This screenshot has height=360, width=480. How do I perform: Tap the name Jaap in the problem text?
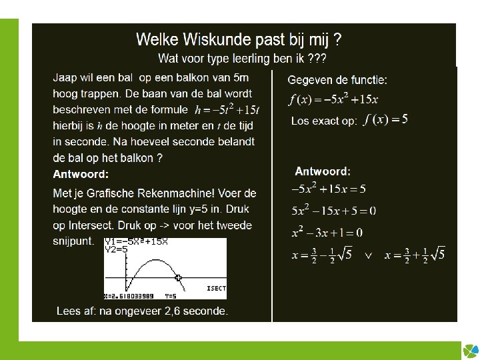point(66,77)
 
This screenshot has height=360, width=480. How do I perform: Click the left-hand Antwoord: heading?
point(80,175)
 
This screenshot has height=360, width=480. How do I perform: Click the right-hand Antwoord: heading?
point(323,171)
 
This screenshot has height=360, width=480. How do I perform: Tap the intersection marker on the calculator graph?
point(178,278)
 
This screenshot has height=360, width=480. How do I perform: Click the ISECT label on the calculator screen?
point(215,289)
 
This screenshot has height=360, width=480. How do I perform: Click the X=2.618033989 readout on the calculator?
point(129,295)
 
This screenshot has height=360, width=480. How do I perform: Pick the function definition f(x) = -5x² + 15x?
point(333,100)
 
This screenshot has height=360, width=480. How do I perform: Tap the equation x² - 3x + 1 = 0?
point(327,233)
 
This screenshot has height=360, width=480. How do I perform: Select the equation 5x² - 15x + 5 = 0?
point(333,211)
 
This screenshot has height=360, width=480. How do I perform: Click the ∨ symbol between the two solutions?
point(367,255)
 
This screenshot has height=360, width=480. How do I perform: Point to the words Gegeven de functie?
point(337,80)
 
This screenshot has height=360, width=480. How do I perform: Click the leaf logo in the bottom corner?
point(469,350)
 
